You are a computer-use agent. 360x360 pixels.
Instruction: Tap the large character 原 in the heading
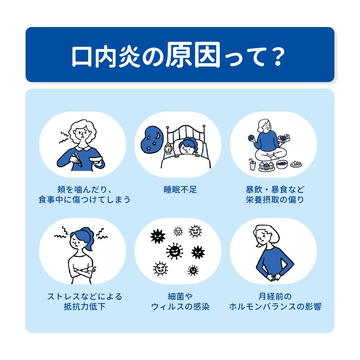click(179, 55)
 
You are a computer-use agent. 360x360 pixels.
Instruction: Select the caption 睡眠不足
click(180, 190)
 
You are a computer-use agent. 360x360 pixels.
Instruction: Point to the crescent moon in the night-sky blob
click(158, 136)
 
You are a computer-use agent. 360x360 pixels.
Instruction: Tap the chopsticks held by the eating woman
click(77, 159)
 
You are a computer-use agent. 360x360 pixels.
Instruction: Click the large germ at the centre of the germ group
click(175, 251)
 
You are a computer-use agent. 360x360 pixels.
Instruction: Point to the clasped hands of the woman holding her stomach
click(274, 277)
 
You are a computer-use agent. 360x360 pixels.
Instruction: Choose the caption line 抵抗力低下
click(85, 306)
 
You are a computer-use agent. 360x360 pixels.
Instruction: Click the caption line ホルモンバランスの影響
click(275, 306)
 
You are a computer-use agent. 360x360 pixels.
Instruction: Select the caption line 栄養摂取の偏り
click(275, 199)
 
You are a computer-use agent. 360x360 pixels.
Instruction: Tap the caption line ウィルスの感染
click(180, 306)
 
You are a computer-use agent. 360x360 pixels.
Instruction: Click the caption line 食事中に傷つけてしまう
click(85, 199)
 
